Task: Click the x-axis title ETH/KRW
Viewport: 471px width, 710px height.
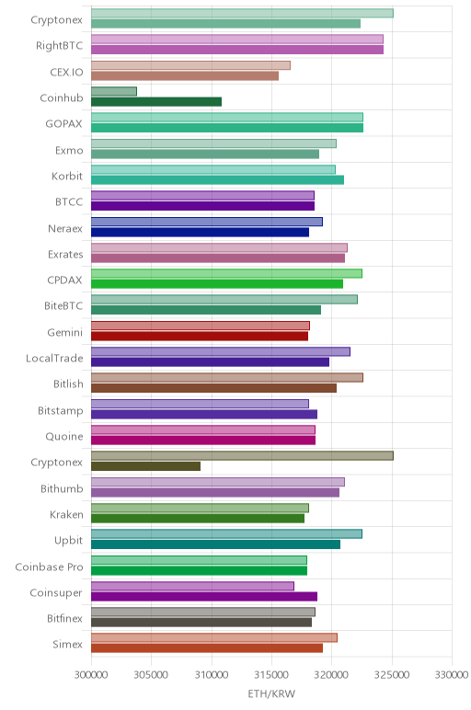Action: (x=271, y=693)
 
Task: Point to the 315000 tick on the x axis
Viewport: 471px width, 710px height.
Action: (x=271, y=675)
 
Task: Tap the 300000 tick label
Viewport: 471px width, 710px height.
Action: (x=91, y=675)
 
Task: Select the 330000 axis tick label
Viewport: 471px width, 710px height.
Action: (x=452, y=675)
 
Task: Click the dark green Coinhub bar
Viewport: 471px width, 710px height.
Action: (x=156, y=102)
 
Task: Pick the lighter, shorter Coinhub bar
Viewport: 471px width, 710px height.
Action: (x=114, y=91)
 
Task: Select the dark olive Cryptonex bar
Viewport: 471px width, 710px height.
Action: (x=145, y=466)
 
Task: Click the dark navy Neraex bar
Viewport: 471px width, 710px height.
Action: (x=200, y=233)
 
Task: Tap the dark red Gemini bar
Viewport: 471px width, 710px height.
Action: (x=200, y=336)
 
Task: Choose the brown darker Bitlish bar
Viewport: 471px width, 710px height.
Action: (x=213, y=388)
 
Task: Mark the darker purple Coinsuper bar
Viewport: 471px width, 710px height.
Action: (x=204, y=596)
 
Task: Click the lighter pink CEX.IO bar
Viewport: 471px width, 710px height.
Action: (x=190, y=65)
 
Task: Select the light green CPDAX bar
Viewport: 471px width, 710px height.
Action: (x=226, y=273)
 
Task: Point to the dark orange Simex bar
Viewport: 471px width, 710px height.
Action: (x=207, y=648)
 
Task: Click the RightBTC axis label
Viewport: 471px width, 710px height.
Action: (x=59, y=46)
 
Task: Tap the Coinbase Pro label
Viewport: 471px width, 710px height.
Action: (x=49, y=567)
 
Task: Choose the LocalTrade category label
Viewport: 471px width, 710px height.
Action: (x=54, y=358)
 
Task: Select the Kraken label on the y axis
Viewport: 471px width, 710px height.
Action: (x=66, y=515)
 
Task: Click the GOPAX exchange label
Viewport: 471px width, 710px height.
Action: (x=63, y=124)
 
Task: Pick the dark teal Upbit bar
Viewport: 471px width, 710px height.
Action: (x=215, y=544)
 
